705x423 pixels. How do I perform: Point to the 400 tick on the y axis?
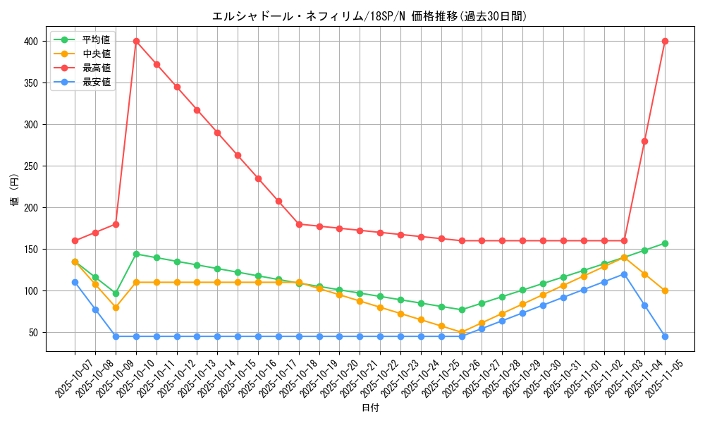point(30,42)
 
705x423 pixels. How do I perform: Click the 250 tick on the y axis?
point(30,166)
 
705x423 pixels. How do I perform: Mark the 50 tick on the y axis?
point(32,333)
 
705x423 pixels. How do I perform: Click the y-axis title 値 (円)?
point(14,191)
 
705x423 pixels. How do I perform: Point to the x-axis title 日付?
point(370,408)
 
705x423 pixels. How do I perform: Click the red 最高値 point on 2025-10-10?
point(136,41)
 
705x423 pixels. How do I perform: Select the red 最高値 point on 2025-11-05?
point(665,41)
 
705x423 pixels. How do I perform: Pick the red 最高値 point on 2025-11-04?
point(644,141)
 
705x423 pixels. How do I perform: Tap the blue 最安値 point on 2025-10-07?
point(75,282)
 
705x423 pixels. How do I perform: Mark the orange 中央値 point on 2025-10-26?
point(462,332)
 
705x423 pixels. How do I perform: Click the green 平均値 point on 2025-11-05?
point(665,243)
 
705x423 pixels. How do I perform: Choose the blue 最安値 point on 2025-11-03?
point(624,274)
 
